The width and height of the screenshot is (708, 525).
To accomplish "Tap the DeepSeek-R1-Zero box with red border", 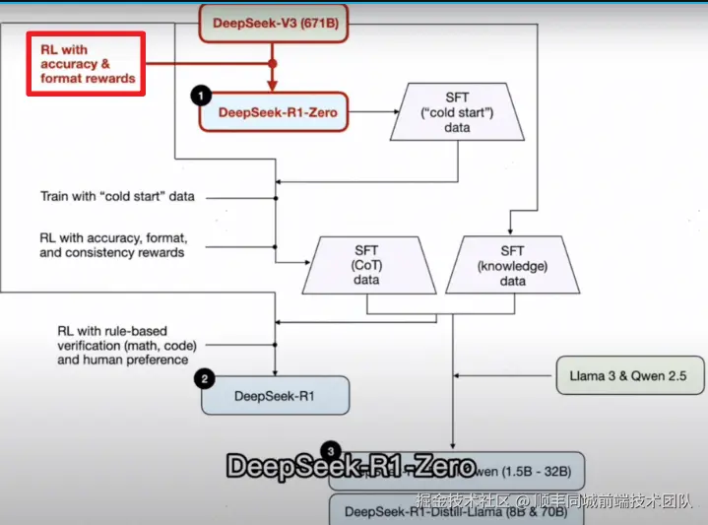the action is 276,112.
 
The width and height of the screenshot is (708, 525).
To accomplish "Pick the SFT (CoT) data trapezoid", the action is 366,266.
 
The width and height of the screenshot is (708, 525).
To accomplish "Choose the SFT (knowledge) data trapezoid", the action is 512,266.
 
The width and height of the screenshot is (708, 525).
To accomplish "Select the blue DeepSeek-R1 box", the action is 275,395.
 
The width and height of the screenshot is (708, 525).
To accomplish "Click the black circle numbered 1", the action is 201,96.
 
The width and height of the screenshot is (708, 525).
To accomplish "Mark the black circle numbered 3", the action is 332,451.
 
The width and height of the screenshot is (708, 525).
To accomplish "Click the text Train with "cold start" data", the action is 117,196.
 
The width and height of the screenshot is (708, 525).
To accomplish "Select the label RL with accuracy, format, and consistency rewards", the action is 112,244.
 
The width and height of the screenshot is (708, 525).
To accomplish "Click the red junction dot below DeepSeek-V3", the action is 273,64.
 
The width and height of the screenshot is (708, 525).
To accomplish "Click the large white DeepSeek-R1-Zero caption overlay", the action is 351,466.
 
